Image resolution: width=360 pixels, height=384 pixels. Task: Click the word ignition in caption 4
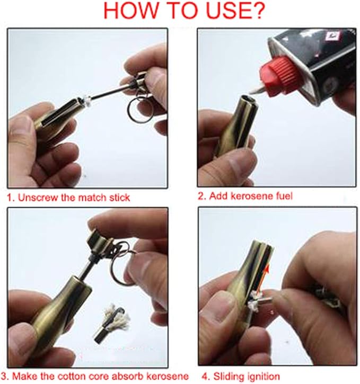[x=263, y=377]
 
